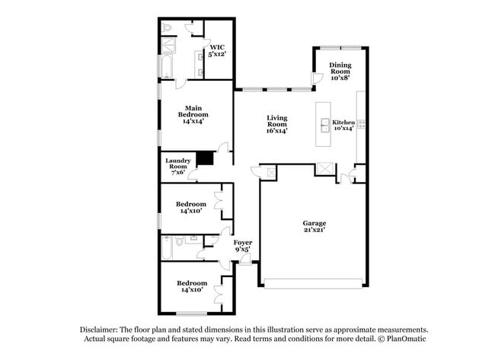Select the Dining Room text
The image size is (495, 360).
click(x=340, y=70)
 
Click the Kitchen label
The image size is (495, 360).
click(x=343, y=125)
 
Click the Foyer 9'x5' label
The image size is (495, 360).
click(x=242, y=246)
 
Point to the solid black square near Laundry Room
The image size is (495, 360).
click(x=204, y=159)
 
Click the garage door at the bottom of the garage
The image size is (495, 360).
click(x=315, y=286)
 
